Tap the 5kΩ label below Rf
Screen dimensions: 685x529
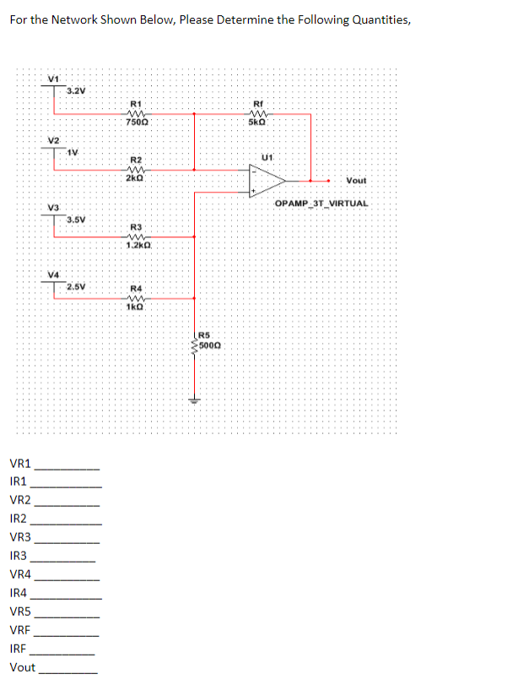258,123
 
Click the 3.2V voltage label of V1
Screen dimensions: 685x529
76,90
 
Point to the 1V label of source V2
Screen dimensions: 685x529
73,152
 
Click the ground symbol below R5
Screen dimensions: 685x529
195,401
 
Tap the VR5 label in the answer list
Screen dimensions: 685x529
20,612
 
